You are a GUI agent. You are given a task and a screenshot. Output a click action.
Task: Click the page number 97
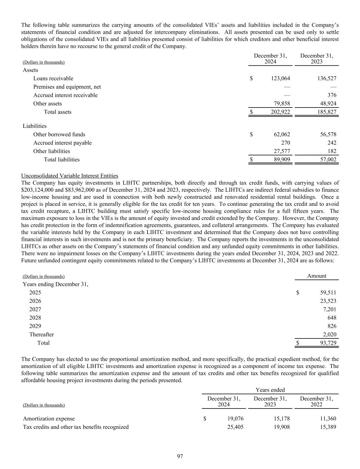click(x=180, y=456)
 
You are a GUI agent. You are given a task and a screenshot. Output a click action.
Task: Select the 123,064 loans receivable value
click(x=280, y=78)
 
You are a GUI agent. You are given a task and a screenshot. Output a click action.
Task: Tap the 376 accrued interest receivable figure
click(x=332, y=95)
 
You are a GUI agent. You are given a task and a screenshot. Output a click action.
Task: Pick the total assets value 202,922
click(x=280, y=112)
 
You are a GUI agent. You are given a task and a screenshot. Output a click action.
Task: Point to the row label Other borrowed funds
click(x=59, y=134)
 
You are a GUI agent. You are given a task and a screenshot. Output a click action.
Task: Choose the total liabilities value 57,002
click(x=328, y=159)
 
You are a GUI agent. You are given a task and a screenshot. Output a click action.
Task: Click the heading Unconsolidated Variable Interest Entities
click(x=70, y=176)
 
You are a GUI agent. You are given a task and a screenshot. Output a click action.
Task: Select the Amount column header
click(x=317, y=276)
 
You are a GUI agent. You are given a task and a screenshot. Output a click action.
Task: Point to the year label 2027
click(x=35, y=309)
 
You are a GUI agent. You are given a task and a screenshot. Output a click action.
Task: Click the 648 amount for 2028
click(x=332, y=318)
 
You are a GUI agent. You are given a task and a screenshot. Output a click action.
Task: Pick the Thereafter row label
click(x=42, y=334)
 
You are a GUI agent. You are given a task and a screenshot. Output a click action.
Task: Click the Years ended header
click(x=270, y=390)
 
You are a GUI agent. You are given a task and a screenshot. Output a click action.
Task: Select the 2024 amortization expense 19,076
click(x=235, y=418)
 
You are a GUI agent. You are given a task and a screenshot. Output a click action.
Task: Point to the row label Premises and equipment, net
click(x=67, y=87)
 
